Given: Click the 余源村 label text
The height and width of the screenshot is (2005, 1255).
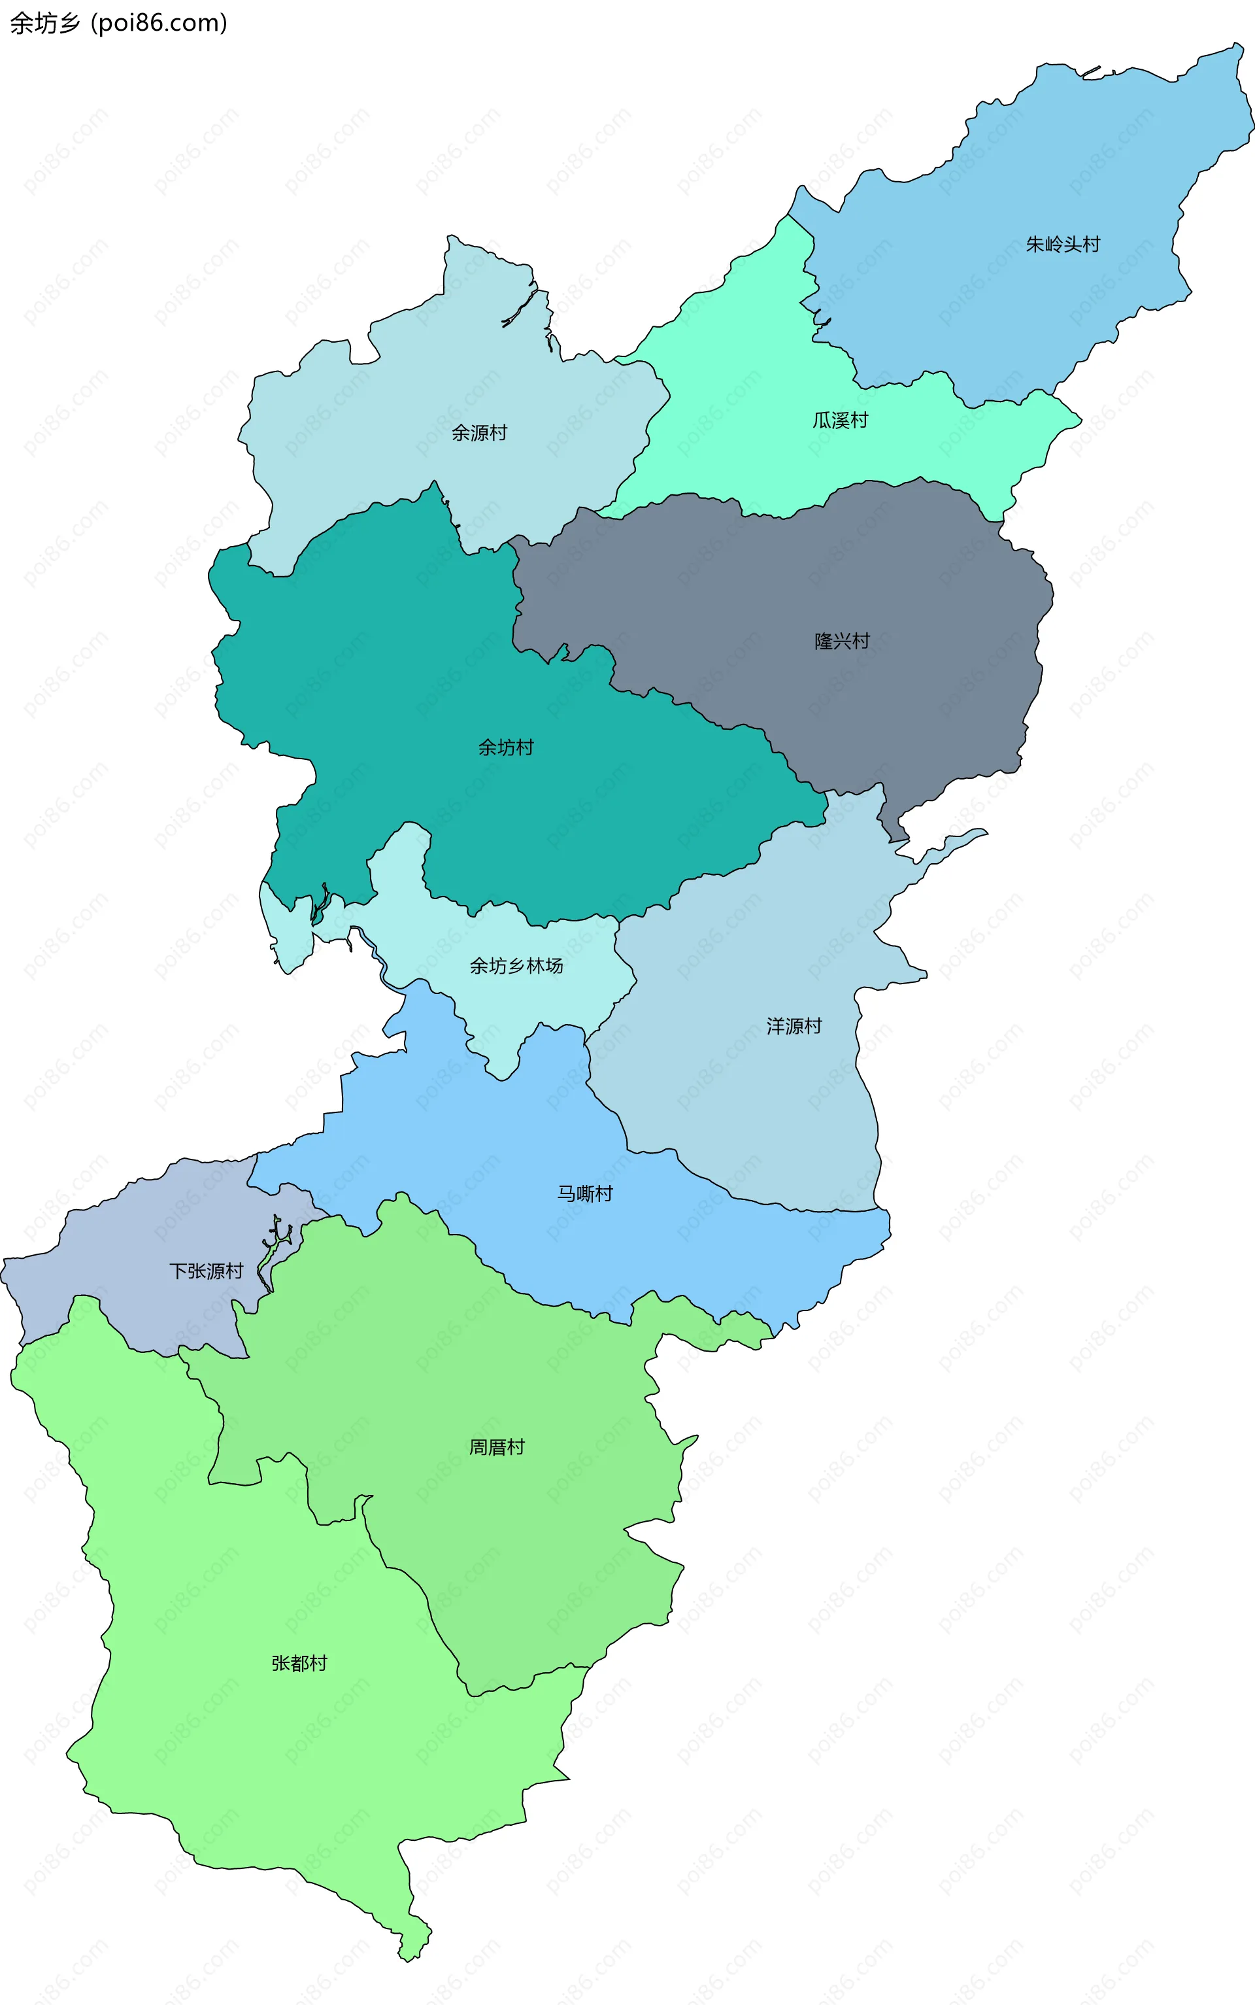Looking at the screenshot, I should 479,432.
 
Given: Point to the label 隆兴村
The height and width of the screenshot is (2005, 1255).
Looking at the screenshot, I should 842,641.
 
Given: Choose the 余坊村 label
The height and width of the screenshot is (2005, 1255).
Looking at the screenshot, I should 505,747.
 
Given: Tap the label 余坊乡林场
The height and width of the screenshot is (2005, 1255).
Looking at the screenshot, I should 516,966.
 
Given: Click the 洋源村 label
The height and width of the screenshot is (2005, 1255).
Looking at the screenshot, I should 794,1026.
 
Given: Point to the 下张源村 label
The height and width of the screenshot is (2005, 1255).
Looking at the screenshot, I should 206,1271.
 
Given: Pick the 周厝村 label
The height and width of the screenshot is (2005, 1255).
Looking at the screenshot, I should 496,1447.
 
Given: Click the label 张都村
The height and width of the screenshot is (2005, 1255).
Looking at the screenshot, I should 299,1663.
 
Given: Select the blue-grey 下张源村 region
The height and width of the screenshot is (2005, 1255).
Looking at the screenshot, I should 124,1245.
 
